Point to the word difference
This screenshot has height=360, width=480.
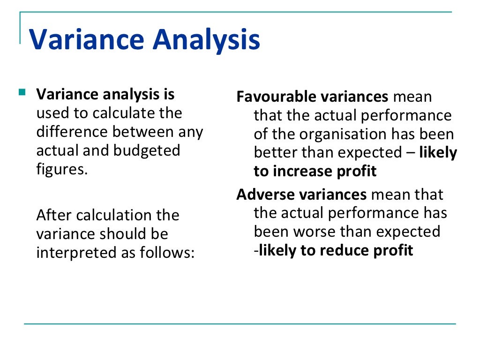tap(72, 132)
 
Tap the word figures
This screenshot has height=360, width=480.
tap(61, 169)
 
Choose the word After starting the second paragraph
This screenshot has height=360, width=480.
tap(54, 215)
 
